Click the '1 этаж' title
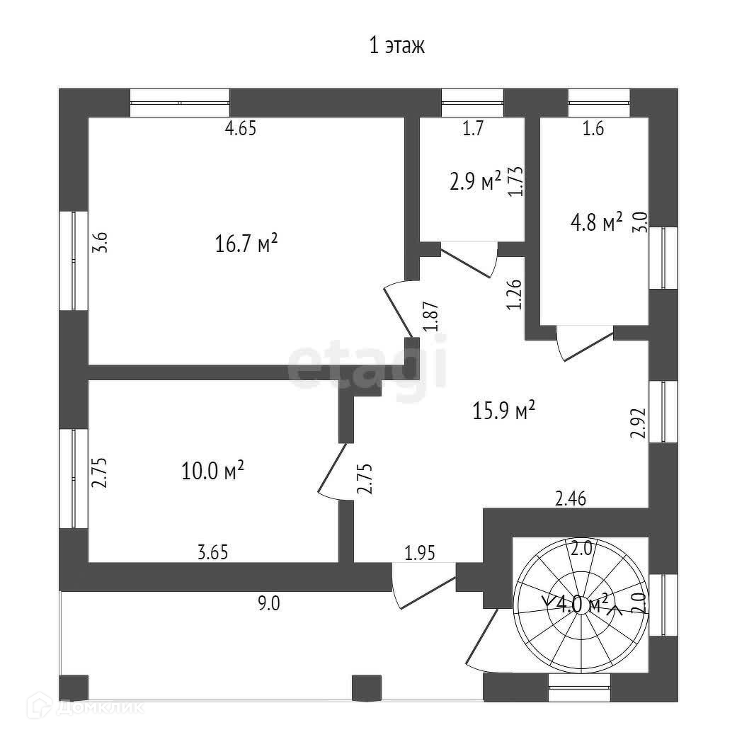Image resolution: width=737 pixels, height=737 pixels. coord(396,46)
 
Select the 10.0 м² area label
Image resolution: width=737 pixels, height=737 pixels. coord(212,470)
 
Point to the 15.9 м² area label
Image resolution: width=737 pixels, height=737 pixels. coord(503,410)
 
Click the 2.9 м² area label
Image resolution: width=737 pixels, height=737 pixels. coord(475,181)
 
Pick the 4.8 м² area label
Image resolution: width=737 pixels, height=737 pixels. coord(596,222)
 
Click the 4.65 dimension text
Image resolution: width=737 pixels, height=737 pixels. coord(241,128)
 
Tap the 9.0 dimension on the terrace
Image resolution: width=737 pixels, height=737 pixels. coord(269,603)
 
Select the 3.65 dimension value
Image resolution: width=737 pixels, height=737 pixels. coord(213,552)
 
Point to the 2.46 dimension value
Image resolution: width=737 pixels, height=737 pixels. coord(571,498)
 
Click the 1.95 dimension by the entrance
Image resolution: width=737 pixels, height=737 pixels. coord(420,553)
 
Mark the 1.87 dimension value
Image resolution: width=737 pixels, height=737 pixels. coord(431,316)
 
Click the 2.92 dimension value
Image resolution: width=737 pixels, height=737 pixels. coord(638,423)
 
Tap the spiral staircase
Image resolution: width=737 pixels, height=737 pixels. coord(581,606)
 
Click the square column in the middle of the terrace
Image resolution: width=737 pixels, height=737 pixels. coord(367,687)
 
